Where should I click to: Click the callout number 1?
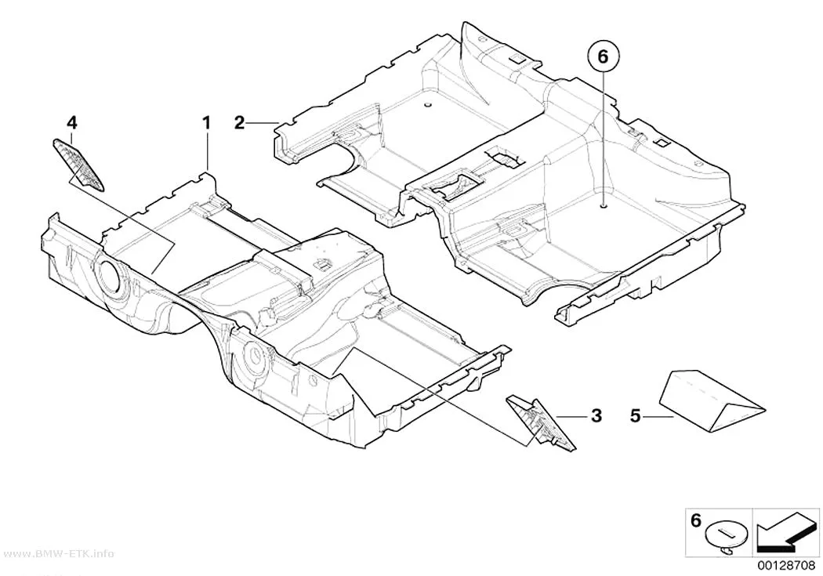coord(207,124)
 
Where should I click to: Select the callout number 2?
coord(239,124)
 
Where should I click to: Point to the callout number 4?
coord(72,123)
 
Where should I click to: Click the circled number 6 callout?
coord(603,56)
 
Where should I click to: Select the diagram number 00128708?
coord(785,566)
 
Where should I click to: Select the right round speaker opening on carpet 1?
coord(254,359)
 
